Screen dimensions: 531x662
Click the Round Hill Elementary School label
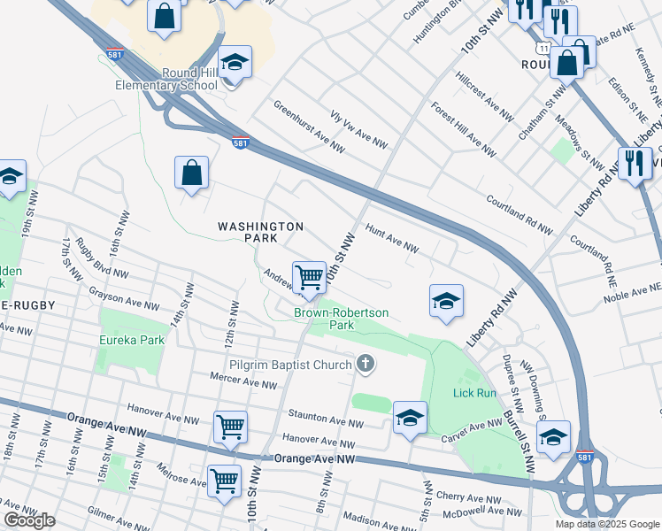pyautogui.click(x=166, y=80)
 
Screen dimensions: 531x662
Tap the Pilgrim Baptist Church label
pyautogui.click(x=278, y=363)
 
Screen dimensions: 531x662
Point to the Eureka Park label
pyautogui.click(x=132, y=340)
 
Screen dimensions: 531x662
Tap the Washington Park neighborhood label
pyautogui.click(x=261, y=233)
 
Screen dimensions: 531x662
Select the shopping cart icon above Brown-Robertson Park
pyautogui.click(x=309, y=277)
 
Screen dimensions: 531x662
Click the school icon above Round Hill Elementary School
pyautogui.click(x=235, y=62)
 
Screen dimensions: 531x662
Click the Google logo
pyautogui.click(x=29, y=520)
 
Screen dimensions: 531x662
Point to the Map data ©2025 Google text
pyautogui.click(x=607, y=524)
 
